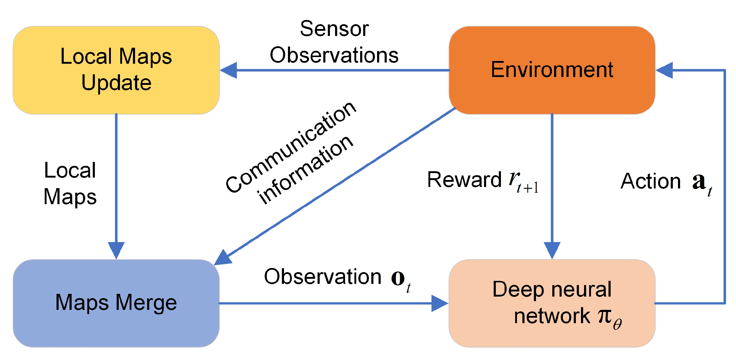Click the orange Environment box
[552, 70]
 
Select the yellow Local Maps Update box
[116, 70]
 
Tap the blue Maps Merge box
[116, 303]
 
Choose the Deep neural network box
[552, 303]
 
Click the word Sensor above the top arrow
[334, 29]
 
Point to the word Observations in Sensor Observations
[334, 55]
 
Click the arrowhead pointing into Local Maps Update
[229, 70]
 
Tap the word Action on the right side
[650, 182]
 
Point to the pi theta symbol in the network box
[609, 318]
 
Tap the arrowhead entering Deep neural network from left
[440, 303]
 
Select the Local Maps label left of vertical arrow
[70, 183]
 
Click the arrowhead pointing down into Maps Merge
[116, 250]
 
